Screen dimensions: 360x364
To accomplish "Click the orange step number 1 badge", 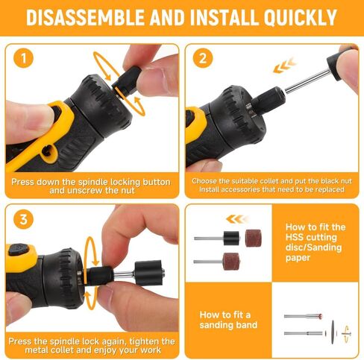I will tap(24, 57).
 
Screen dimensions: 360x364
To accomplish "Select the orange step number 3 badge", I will tap(24, 220).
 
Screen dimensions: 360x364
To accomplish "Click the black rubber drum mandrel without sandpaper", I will tap(230, 238).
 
